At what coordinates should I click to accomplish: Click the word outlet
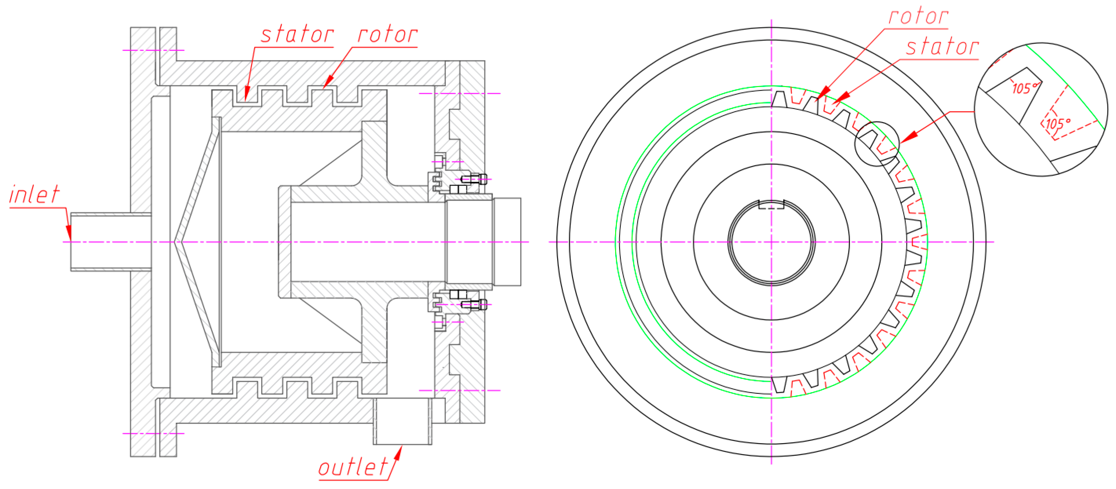(x=353, y=467)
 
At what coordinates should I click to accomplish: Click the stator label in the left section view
(x=297, y=34)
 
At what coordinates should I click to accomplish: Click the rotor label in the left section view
(x=387, y=34)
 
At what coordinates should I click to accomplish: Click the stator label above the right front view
(x=942, y=47)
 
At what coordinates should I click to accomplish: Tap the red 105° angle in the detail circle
(x=1058, y=124)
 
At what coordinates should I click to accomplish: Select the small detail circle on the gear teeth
(x=877, y=144)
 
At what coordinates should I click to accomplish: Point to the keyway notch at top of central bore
(x=771, y=205)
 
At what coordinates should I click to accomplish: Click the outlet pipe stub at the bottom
(x=402, y=422)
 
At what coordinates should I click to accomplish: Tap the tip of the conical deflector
(x=176, y=242)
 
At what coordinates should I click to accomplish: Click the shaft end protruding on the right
(x=507, y=242)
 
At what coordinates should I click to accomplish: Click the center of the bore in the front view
(x=771, y=242)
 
